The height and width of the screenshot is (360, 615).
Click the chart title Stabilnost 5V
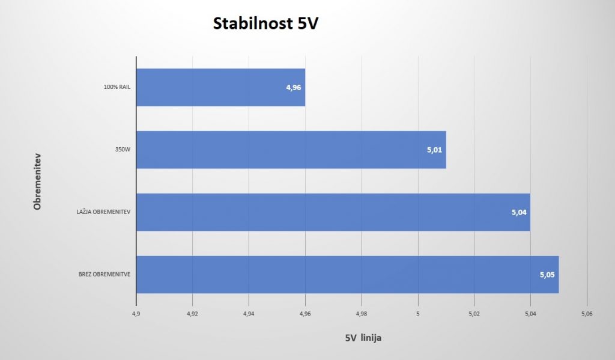pos(265,23)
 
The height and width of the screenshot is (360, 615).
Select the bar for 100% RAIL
pos(221,87)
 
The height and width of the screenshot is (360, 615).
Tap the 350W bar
pos(291,150)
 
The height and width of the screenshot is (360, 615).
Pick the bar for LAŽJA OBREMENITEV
pos(333,212)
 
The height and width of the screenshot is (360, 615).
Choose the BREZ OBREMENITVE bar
pos(348,275)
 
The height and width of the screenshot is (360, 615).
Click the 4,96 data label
pos(293,88)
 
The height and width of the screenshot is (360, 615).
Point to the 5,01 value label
pos(434,150)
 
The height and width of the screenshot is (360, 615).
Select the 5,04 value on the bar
pos(519,212)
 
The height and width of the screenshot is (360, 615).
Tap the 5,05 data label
pos(547,275)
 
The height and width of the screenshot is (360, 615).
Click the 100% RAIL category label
pos(117,87)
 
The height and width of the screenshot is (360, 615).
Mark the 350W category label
pos(123,149)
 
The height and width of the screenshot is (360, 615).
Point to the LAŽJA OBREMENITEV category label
pos(103,212)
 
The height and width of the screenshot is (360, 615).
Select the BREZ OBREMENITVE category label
pos(105,274)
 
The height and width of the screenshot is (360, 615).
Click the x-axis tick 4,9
pos(136,314)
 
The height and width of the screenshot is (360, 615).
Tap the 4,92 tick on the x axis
pos(192,314)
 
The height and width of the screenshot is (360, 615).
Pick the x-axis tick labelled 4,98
pos(361,314)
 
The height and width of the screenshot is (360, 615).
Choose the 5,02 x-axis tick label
pos(474,314)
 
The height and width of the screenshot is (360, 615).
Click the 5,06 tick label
pos(587,314)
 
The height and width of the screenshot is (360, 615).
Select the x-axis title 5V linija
pos(363,338)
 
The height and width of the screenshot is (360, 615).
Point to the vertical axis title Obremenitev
pos(37,182)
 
